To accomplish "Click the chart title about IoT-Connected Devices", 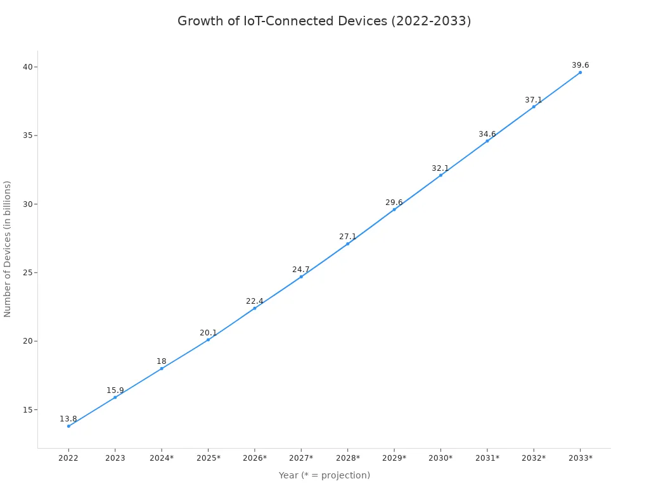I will (324, 21).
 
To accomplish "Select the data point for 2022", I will (68, 426).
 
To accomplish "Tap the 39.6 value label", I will (580, 65).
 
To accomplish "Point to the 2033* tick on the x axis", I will (580, 458).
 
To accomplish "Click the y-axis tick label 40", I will (27, 67).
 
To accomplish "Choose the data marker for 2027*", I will (301, 277).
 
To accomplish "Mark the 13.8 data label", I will (68, 419).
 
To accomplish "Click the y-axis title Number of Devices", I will (8, 249).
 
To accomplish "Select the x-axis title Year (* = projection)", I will (324, 475).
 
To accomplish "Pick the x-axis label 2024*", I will (162, 458).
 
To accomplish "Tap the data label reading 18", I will (162, 361).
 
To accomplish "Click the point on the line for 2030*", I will (440, 175).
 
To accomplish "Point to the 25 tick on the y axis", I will (27, 273).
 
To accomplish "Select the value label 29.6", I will (394, 202).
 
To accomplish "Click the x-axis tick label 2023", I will (115, 458).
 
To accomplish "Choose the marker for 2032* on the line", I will (534, 106).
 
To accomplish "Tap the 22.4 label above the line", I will (254, 301).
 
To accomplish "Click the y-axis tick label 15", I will (27, 410).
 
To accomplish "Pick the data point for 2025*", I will (208, 340).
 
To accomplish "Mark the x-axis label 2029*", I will (394, 458).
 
